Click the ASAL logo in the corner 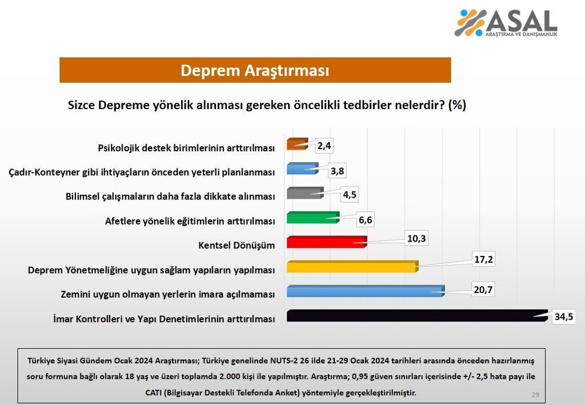coord(506,23)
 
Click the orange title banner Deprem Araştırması coord(255,70)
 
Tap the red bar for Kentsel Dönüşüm coord(326,242)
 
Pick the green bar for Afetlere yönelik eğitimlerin coord(312,217)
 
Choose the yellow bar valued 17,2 coord(352,267)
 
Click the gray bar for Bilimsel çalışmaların coord(304,193)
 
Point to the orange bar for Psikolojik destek coord(297,143)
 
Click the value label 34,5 coord(563,316)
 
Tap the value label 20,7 coord(481,290)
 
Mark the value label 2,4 coord(324,146)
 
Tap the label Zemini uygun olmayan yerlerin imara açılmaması coord(168,294)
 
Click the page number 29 coord(535,395)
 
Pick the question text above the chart coord(267,105)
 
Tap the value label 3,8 coord(337,171)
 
